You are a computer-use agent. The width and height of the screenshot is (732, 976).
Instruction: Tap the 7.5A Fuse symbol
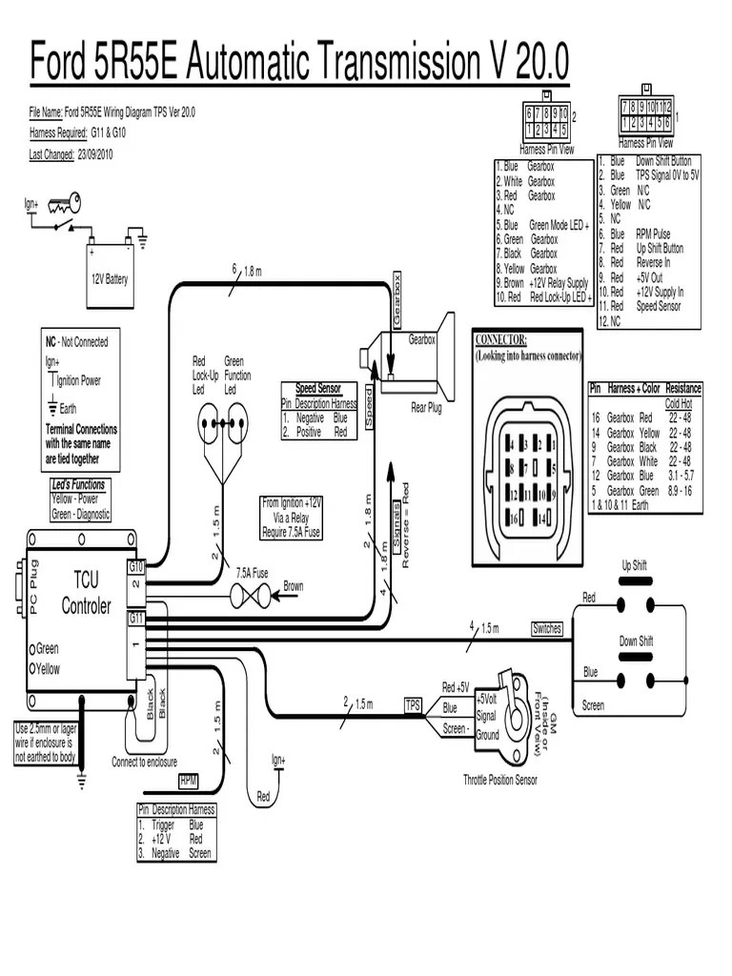[253, 594]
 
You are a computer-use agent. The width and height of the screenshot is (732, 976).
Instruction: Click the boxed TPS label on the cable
[413, 705]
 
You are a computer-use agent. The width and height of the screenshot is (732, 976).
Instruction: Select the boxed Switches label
[547, 629]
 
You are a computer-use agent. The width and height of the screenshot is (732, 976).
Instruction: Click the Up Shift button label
[634, 565]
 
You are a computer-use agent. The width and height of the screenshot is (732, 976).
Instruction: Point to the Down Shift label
[636, 641]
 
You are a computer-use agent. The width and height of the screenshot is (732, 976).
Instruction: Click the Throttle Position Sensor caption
[500, 780]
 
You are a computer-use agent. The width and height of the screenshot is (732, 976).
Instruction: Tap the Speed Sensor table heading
[318, 390]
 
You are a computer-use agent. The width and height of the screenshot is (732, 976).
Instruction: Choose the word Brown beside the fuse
[294, 586]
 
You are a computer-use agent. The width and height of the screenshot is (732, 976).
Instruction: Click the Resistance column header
[683, 389]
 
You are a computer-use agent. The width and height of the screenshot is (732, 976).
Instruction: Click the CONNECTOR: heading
[500, 340]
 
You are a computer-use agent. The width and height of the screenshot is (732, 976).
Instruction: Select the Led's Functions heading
[79, 484]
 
